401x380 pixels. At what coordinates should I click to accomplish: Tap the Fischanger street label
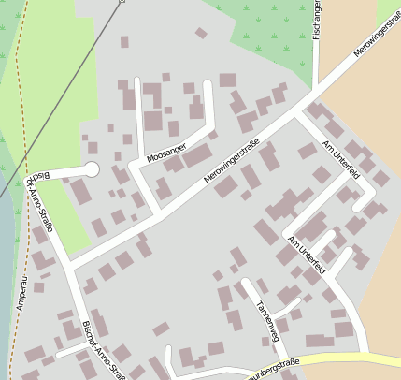pos(318,18)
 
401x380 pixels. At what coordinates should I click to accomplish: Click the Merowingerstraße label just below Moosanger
pos(230,168)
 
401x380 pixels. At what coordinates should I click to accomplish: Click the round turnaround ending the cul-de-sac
pos(91,169)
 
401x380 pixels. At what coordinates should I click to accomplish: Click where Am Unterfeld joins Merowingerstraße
pos(297,115)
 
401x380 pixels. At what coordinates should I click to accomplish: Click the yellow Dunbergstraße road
pos(355,358)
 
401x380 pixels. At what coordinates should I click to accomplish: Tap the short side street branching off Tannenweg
pos(290,305)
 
